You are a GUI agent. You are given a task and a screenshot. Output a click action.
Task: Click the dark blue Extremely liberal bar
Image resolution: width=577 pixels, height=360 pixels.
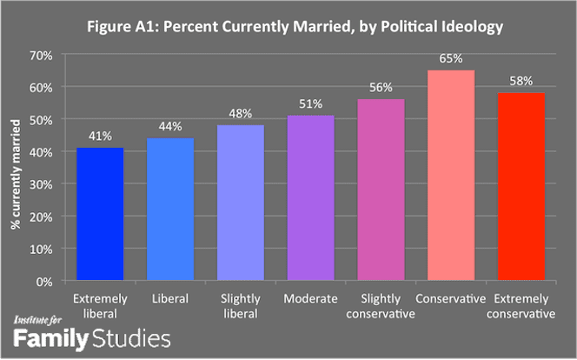100,214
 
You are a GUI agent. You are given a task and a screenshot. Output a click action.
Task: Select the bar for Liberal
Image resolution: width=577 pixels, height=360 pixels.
170,209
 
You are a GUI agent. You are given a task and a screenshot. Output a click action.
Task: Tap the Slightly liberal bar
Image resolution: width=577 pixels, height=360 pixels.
241,203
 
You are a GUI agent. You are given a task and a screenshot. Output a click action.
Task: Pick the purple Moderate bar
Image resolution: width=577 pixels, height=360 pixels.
311,198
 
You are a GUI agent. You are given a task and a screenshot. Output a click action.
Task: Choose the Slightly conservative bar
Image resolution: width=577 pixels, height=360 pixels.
381,190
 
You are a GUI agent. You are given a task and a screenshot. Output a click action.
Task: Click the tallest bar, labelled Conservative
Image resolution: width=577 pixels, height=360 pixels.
451,175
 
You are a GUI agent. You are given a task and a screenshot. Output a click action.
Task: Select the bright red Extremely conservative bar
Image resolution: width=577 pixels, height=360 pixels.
521,187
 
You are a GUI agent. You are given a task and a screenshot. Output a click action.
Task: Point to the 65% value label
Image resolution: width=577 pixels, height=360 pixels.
451,58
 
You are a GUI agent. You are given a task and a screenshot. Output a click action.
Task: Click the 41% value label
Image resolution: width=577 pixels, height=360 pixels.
100,137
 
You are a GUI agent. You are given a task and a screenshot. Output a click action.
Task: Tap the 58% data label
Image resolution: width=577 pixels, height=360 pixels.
521,81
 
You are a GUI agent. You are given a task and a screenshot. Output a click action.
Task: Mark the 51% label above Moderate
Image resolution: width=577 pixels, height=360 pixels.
310,104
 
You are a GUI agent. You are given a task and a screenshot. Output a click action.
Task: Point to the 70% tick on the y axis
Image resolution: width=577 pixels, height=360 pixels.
41,56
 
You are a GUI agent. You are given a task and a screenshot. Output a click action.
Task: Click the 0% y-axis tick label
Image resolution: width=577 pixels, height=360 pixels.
44,282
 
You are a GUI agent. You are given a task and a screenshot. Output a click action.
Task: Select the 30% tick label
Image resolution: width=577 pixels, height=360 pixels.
41,185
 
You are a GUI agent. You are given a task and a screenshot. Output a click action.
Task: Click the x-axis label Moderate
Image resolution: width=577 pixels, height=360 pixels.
310,298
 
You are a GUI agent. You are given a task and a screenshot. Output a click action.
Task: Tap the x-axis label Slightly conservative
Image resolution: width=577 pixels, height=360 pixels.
381,306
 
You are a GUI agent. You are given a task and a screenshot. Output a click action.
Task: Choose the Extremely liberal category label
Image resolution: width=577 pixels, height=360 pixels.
100,306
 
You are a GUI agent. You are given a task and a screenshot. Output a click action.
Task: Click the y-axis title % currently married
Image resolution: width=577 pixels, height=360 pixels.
16,175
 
